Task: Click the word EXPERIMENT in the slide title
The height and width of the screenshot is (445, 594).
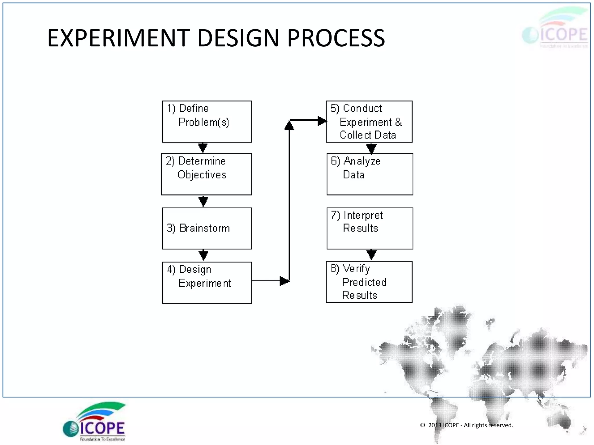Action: point(119,38)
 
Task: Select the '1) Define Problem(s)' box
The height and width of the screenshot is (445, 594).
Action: point(207,122)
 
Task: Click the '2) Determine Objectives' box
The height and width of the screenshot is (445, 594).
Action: point(207,174)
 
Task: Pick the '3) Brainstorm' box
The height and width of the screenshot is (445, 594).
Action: point(207,228)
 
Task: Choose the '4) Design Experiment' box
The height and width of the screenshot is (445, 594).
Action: point(207,282)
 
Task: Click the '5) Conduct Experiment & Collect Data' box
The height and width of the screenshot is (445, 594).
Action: point(369,122)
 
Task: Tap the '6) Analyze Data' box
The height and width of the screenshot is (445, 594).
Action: point(370,174)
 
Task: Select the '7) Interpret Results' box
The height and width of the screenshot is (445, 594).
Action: point(370,228)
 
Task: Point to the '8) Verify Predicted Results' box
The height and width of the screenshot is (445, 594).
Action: point(369,282)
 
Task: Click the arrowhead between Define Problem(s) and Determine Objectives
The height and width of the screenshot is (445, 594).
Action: point(203,148)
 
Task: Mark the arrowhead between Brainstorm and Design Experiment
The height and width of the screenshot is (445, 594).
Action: point(203,255)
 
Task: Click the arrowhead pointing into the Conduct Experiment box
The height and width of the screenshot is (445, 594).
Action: point(322,121)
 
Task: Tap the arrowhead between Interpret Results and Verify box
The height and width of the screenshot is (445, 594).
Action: point(372,255)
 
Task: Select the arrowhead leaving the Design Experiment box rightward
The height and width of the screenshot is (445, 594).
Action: point(284,281)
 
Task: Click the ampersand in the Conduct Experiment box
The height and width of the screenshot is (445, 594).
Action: point(399,122)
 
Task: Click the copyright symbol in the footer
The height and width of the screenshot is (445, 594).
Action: point(423,425)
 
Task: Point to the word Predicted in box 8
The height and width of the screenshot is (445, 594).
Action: point(364,282)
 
